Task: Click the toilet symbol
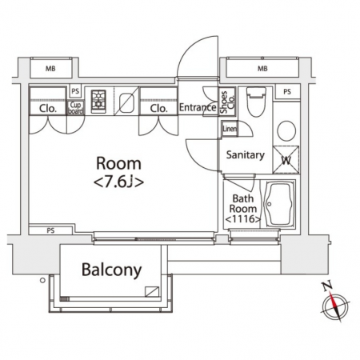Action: (256, 102)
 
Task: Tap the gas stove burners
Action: (98, 102)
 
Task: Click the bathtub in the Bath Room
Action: (279, 204)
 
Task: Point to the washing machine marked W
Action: (286, 159)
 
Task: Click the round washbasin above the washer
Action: (286, 131)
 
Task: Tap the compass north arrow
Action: (334, 303)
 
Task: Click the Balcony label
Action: (111, 270)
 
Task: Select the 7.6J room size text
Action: (118, 182)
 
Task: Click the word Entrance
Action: (198, 107)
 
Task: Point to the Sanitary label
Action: (246, 154)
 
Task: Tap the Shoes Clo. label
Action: (227, 102)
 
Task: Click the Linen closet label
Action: (230, 129)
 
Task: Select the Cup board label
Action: (75, 108)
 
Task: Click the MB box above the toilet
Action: (262, 69)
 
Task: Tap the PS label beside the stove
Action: (75, 91)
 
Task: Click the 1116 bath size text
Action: (243, 219)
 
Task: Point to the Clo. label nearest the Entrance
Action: (159, 109)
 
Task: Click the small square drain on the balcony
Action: (152, 292)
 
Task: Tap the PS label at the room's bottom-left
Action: (50, 230)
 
